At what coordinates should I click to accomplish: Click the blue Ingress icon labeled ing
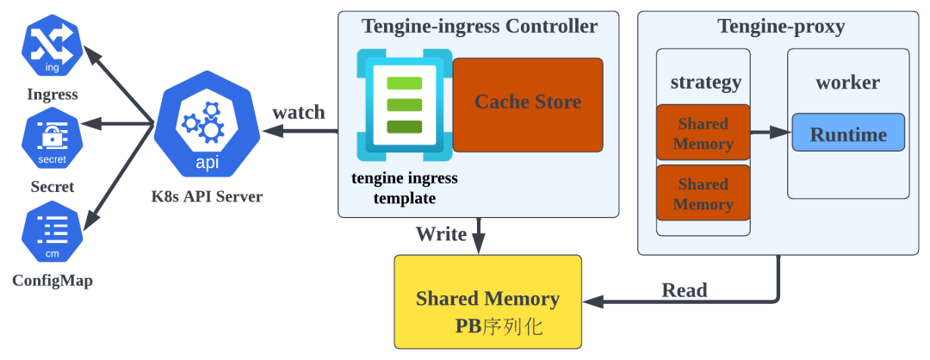pyautogui.click(x=53, y=41)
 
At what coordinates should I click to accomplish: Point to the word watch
pyautogui.click(x=299, y=113)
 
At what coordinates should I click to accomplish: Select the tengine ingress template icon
pyautogui.click(x=404, y=105)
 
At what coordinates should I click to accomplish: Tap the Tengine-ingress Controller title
pyautogui.click(x=479, y=27)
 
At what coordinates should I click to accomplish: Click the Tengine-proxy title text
pyautogui.click(x=781, y=27)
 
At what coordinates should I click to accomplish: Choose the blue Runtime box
pyautogui.click(x=848, y=133)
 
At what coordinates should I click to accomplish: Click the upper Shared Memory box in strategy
pyautogui.click(x=703, y=133)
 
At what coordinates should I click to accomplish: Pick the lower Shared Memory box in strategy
pyautogui.click(x=703, y=194)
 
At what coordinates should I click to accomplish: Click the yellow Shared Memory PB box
pyautogui.click(x=487, y=301)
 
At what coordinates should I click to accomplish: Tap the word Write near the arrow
pyautogui.click(x=441, y=234)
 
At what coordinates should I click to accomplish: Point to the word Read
pyautogui.click(x=684, y=290)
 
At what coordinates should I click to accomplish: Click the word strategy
pyautogui.click(x=705, y=83)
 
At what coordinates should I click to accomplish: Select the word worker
pyautogui.click(x=847, y=83)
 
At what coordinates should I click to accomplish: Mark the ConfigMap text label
pyautogui.click(x=53, y=281)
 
